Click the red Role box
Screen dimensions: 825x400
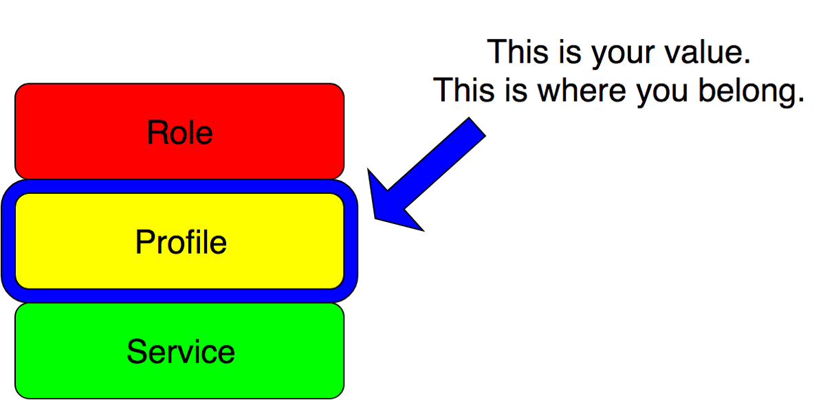click(179, 131)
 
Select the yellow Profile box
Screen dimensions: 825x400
click(179, 241)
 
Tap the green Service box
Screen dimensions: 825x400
click(179, 351)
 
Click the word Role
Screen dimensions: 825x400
click(179, 132)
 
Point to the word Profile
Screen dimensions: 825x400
click(181, 242)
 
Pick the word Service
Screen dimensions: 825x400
click(180, 351)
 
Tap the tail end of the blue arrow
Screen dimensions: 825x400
click(477, 126)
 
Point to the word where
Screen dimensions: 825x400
click(582, 90)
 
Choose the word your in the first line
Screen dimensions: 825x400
click(623, 54)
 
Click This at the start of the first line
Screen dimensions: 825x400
click(518, 52)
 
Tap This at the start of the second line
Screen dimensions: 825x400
click(463, 90)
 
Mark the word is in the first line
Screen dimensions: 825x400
click(570, 52)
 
